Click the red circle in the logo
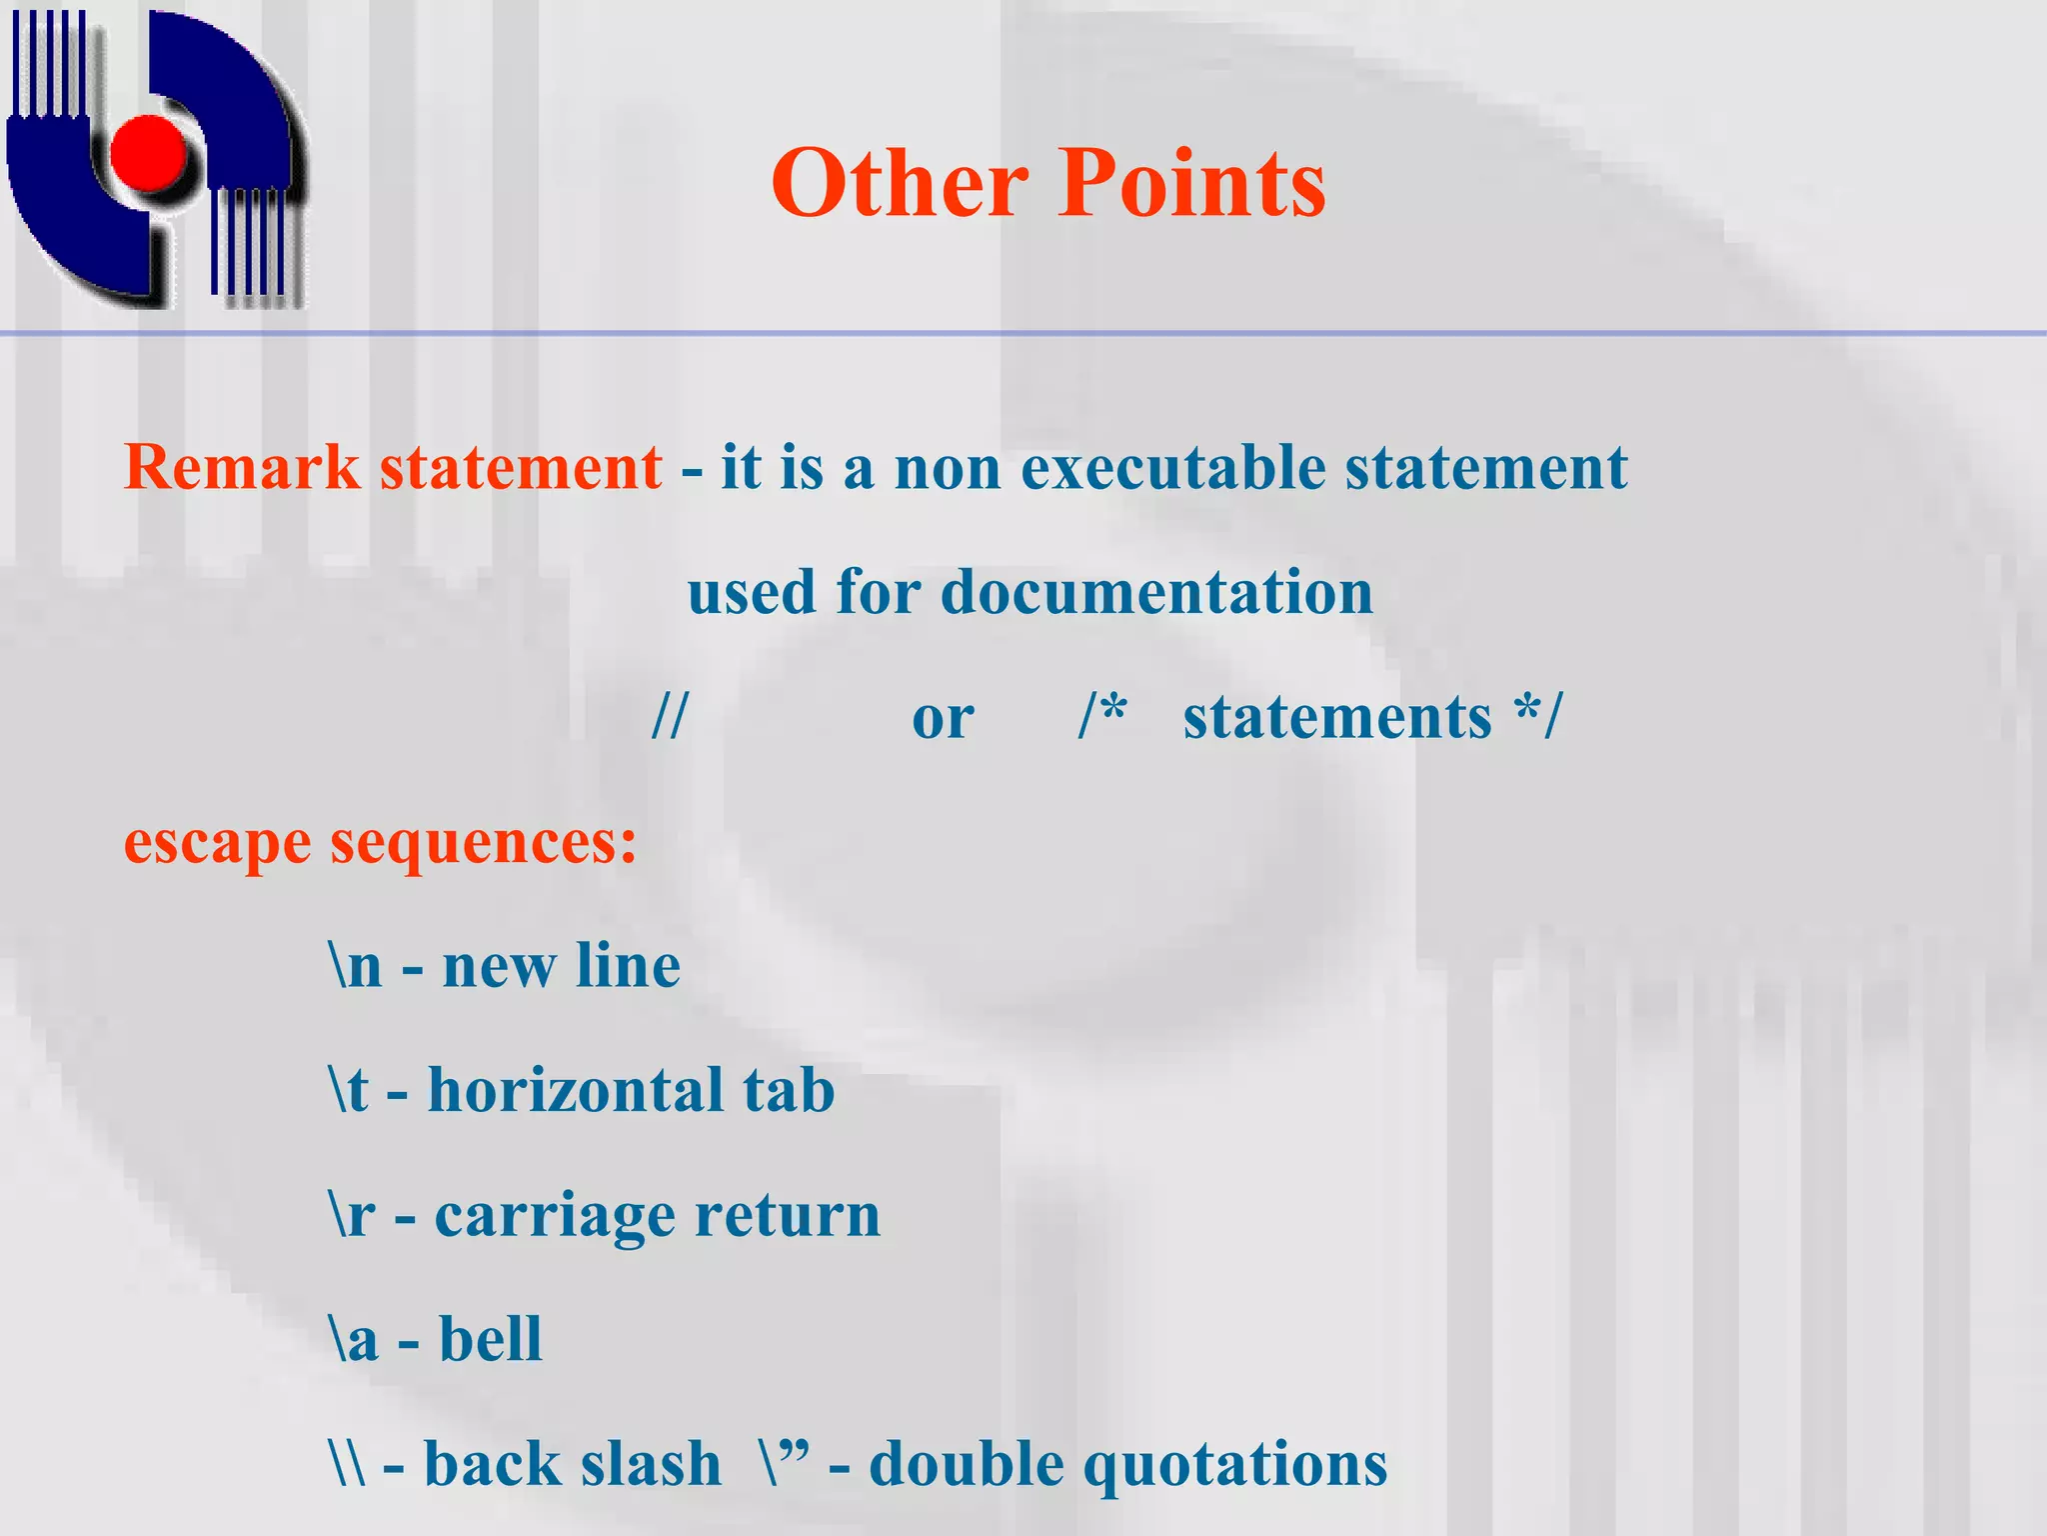149,153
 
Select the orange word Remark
241,467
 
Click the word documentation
1156,592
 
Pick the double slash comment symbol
670,716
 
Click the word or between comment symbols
943,718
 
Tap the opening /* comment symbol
1102,716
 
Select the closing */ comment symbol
1536,716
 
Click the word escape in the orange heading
217,843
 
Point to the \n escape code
356,966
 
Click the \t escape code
350,1090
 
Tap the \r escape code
353,1215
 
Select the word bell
490,1339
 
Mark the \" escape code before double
784,1462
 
